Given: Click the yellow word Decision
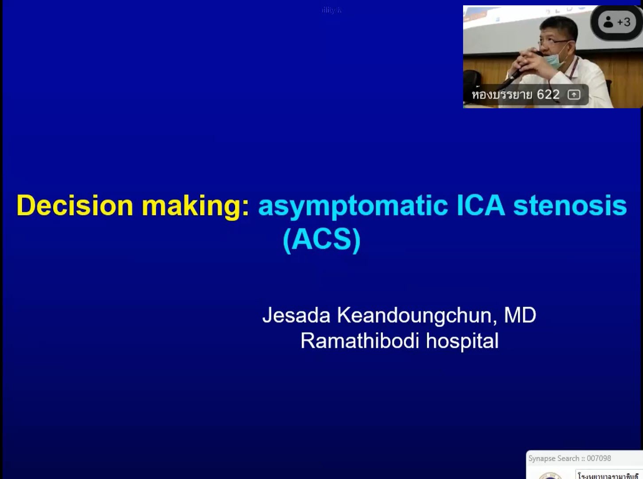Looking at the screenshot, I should (x=74, y=206).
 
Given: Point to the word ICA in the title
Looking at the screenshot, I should (x=480, y=206).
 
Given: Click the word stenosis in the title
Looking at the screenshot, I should (x=570, y=206).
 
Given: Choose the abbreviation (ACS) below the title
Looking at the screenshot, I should (x=321, y=240).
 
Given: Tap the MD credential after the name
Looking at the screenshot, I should (x=520, y=315).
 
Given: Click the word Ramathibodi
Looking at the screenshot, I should (x=359, y=341).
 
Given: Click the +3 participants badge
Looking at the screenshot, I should (x=624, y=22).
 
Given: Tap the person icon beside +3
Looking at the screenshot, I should (x=608, y=22).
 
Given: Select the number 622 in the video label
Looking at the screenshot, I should (x=548, y=94).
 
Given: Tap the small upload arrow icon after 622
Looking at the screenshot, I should (x=574, y=94).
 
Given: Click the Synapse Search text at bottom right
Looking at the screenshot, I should (x=553, y=458).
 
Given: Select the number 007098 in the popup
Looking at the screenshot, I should (x=599, y=458).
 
